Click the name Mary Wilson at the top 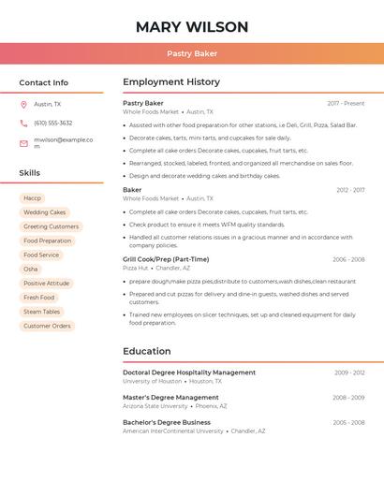pos(192,27)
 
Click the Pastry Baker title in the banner pos(192,53)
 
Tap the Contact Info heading pos(44,82)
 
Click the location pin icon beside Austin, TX pos(23,104)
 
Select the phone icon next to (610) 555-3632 pos(23,124)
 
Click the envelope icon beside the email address pos(23,143)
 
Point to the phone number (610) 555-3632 pos(53,124)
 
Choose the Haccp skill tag pos(33,198)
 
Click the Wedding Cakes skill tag pos(45,212)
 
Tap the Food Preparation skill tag pos(48,241)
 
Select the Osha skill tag pos(31,270)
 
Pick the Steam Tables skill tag pos(42,312)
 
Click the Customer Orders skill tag pos(47,326)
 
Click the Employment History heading pos(171,82)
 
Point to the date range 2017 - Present pos(346,104)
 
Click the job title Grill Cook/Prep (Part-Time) pos(166,259)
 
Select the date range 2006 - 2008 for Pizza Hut pos(348,259)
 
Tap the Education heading pos(147,352)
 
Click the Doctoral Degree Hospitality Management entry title pos(189,372)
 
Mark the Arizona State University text pos(155,406)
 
